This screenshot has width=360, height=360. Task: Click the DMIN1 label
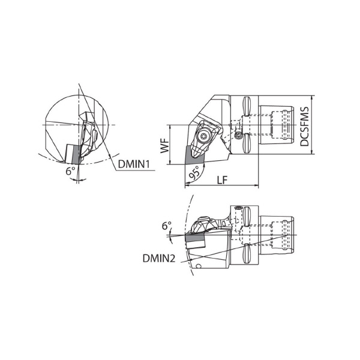(x=134, y=164)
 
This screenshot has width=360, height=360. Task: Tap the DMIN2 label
(x=159, y=259)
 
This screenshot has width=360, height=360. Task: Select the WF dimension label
(x=164, y=146)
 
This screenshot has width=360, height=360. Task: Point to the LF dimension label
(x=222, y=180)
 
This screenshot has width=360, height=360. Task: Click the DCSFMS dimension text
(x=305, y=126)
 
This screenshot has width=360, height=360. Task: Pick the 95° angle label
(x=194, y=173)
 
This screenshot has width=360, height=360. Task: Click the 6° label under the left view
(x=70, y=171)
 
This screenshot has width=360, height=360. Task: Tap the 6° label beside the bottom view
(x=167, y=226)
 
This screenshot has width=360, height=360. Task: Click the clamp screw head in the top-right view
(x=203, y=136)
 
